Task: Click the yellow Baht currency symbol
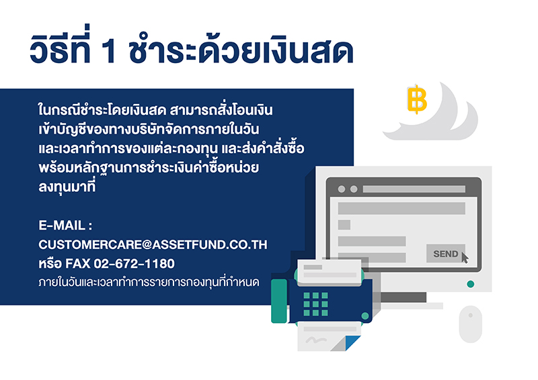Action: (x=417, y=99)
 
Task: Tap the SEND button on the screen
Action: (x=446, y=254)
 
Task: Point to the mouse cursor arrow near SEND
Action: (x=465, y=258)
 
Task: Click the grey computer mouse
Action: (x=470, y=324)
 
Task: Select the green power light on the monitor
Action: (x=470, y=284)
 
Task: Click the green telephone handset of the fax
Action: (x=279, y=301)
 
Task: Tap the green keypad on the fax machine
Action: (x=315, y=304)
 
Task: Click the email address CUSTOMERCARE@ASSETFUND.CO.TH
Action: (x=153, y=244)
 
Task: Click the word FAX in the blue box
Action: (x=77, y=263)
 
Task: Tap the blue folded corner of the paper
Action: (x=352, y=343)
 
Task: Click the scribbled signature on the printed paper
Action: (x=316, y=340)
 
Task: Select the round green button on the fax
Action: (x=365, y=316)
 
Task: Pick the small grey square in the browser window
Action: (x=344, y=225)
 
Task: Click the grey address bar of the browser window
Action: (x=414, y=189)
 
